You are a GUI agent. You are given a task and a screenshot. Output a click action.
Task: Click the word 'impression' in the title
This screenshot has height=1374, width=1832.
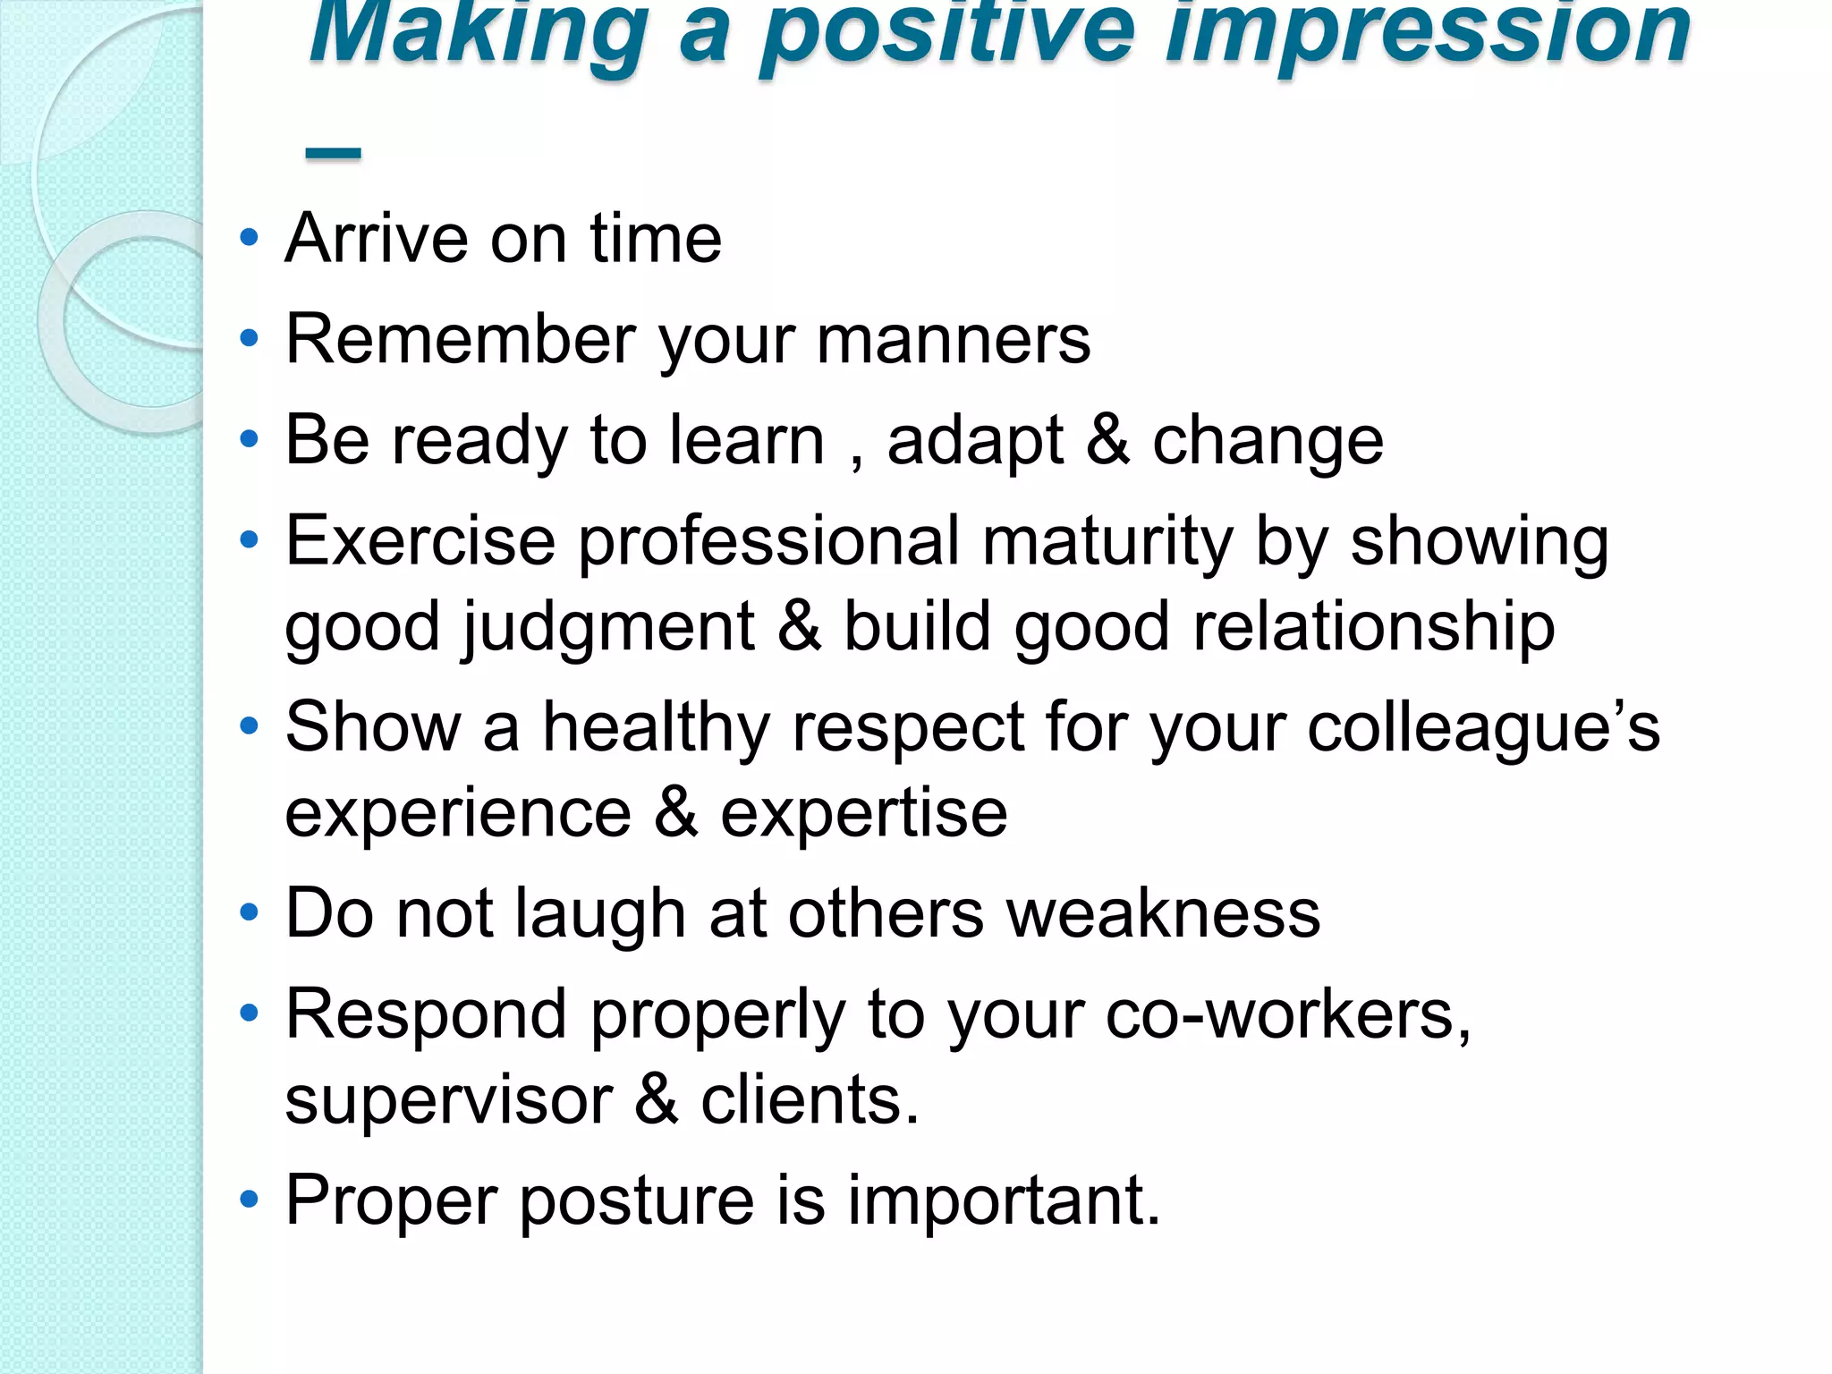point(1428,34)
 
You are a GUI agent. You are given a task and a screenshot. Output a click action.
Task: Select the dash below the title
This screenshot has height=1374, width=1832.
point(333,154)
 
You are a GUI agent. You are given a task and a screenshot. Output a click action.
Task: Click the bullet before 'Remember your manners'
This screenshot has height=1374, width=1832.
point(250,339)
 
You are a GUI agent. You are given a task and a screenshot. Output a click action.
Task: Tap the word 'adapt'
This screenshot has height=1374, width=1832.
point(975,442)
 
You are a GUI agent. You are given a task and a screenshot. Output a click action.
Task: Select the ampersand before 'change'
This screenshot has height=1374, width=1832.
point(1107,440)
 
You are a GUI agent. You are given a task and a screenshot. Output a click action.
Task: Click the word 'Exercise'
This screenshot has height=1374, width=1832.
point(420,542)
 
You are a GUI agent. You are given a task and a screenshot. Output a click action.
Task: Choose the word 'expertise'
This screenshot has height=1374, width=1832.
point(864,816)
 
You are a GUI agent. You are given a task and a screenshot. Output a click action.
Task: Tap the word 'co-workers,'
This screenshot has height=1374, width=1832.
point(1288,1016)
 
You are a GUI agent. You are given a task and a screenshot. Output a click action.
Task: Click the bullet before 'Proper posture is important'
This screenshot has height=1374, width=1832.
point(250,1200)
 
